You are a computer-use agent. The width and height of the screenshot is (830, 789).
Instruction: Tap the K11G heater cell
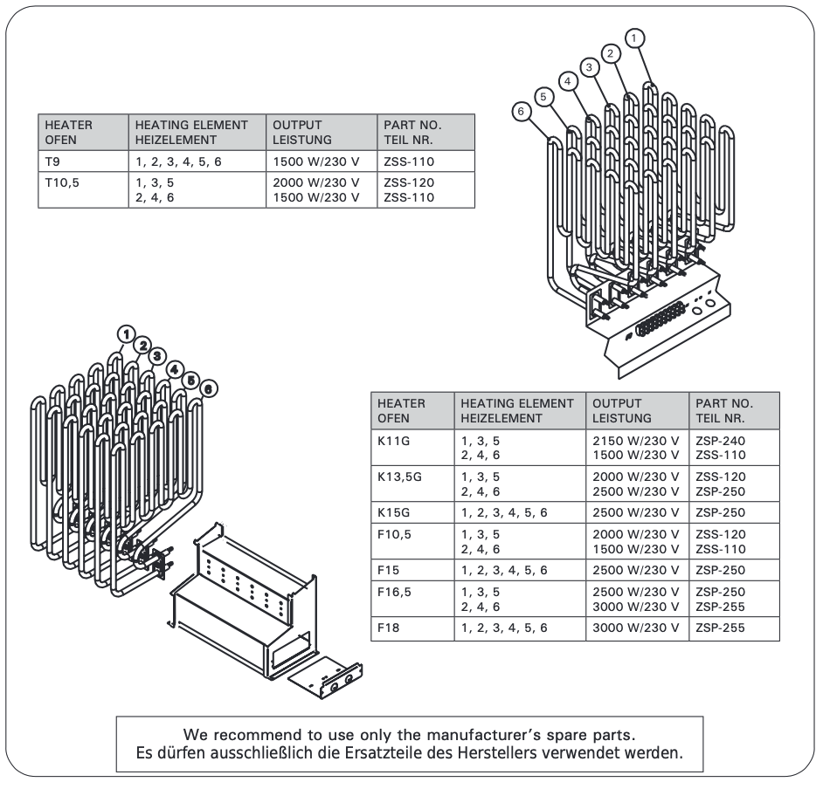[393, 442]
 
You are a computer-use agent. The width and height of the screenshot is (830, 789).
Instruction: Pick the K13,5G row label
[400, 476]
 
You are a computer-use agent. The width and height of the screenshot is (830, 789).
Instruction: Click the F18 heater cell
[389, 627]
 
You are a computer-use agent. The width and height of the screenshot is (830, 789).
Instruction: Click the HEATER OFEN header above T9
[69, 132]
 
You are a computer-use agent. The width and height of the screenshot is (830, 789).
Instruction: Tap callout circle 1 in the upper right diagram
[635, 37]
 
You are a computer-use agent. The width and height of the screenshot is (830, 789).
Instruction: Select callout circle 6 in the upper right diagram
[521, 112]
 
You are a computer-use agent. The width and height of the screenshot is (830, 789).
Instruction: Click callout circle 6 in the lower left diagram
[209, 388]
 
